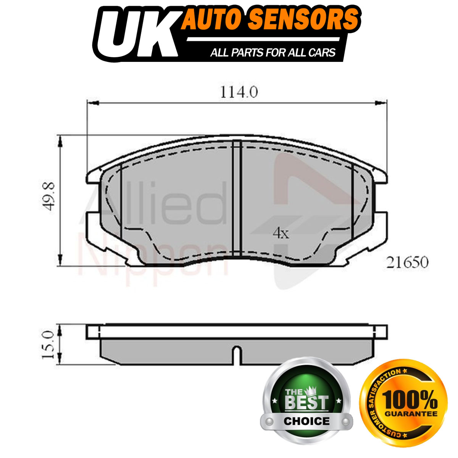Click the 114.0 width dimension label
click(x=239, y=92)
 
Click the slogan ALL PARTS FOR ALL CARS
click(x=273, y=52)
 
